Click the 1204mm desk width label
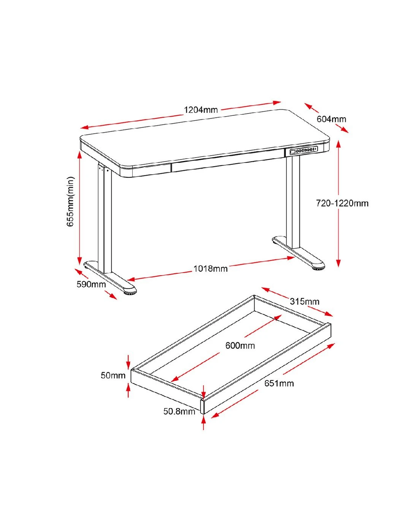tap(201, 110)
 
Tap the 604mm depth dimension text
tap(331, 119)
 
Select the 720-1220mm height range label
tap(342, 203)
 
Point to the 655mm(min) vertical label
tap(70, 202)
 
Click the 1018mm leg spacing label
tap(210, 269)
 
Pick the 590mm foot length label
tap(91, 284)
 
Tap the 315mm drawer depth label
tap(305, 301)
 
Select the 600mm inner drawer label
tap(240, 345)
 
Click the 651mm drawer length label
tap(279, 383)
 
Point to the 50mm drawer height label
tap(113, 375)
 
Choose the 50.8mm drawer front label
tap(179, 412)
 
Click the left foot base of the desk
tap(110, 278)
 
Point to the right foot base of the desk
tap(298, 253)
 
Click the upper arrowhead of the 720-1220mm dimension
tap(339, 144)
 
